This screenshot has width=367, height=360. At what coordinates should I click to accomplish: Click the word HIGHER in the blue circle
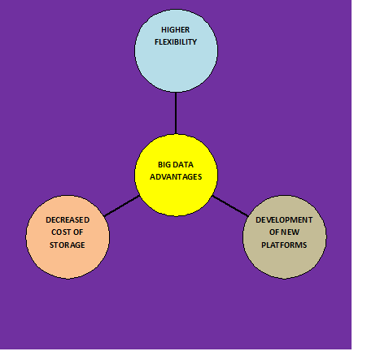pos(176,30)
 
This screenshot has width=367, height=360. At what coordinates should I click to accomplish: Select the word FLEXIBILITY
pos(176,42)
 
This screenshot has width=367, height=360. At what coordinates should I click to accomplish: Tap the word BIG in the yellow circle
pos(164,165)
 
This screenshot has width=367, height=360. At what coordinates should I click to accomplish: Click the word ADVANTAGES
pos(176,177)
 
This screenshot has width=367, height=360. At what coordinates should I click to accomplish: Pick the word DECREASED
pos(68,220)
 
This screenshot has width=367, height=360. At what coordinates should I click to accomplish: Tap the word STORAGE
pos(68,245)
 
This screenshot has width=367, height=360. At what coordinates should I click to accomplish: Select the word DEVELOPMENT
pos(284,220)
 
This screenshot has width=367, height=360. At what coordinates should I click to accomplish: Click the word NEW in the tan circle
pos(291,232)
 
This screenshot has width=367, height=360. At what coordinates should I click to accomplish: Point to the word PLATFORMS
pos(284,245)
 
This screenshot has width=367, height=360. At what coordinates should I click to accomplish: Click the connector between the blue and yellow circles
pos(176,113)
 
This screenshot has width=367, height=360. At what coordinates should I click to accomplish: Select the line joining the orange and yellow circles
pos(122,206)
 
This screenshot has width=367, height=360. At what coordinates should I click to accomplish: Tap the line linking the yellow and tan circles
pos(230,206)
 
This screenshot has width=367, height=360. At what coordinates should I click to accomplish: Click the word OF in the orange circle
pos(78,232)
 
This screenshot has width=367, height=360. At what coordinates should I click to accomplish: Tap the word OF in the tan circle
pos(274,232)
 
